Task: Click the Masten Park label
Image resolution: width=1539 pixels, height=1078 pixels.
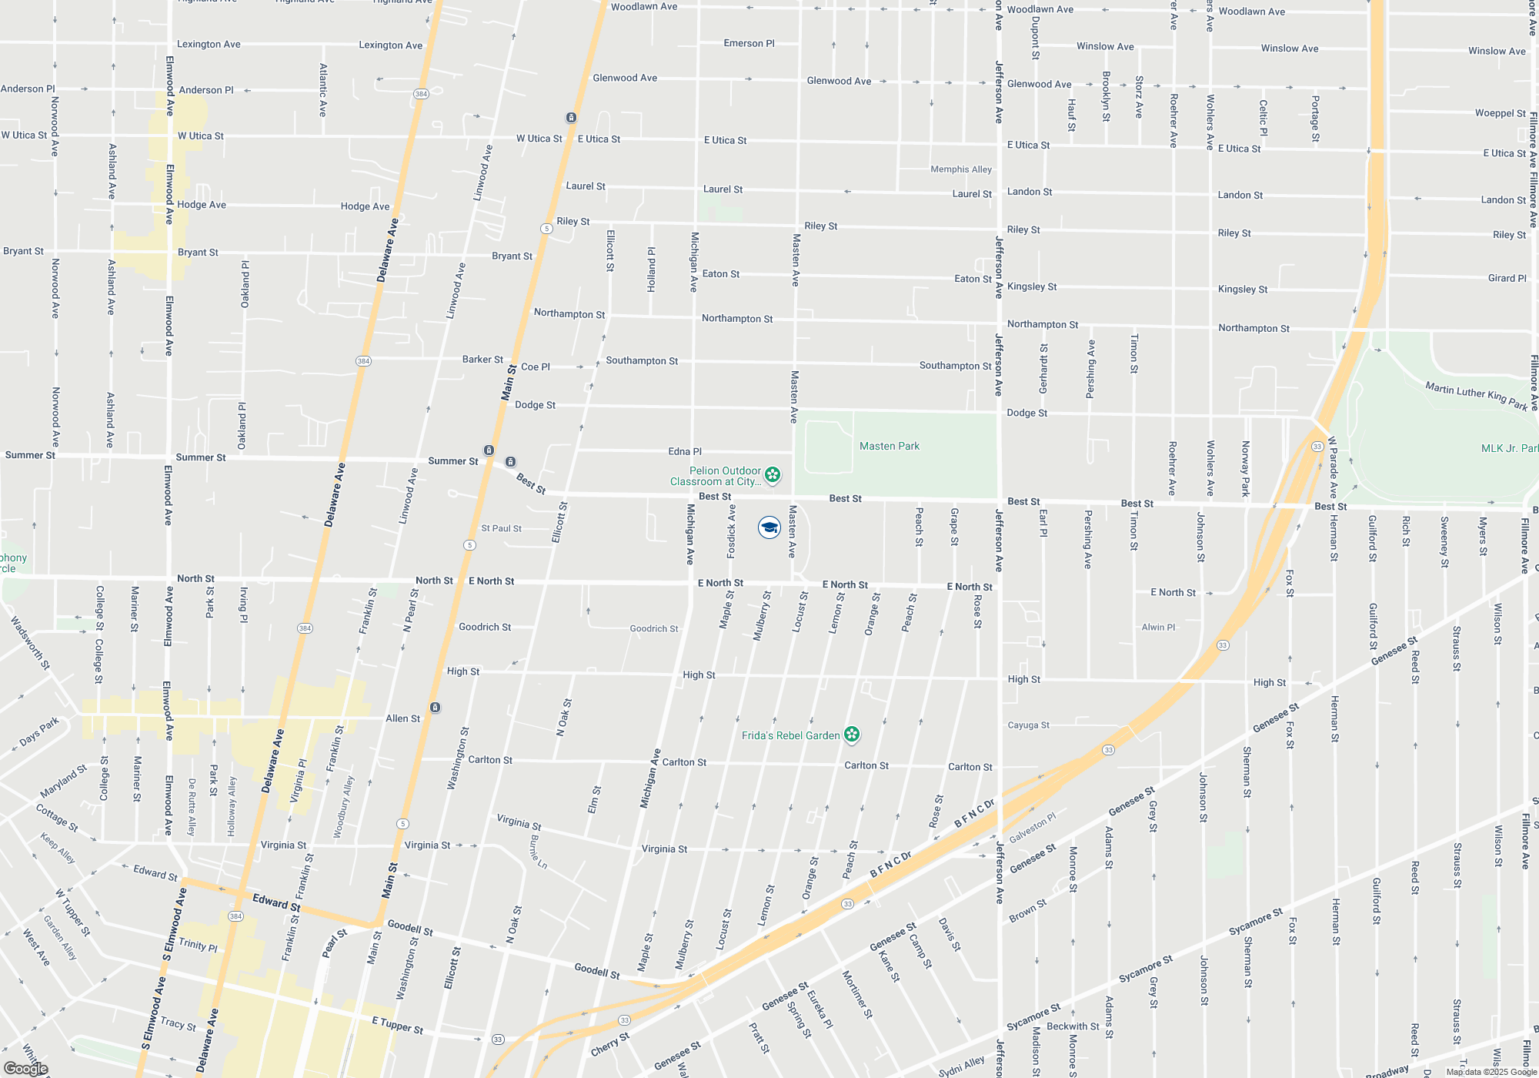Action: pos(890,446)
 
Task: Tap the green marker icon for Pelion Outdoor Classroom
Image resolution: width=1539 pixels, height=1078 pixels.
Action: pos(773,475)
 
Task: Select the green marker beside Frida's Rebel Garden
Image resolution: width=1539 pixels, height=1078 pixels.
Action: pos(852,735)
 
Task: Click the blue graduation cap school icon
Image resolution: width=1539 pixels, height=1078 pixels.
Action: pos(769,527)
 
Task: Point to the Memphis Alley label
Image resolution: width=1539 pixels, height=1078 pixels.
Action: pos(961,169)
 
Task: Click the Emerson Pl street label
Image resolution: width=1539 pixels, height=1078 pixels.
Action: pos(749,43)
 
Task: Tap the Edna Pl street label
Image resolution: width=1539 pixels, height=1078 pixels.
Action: pos(685,452)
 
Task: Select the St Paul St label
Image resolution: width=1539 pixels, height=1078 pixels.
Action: pos(501,528)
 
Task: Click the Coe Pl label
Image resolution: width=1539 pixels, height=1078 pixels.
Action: pos(536,367)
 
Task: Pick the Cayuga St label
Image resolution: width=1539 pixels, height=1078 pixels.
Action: pos(1029,725)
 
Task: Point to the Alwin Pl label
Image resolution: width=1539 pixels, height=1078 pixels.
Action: pos(1158,628)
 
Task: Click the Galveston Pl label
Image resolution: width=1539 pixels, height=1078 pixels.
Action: pos(1033,827)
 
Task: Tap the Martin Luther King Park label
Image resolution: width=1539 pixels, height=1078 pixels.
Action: pos(1476,396)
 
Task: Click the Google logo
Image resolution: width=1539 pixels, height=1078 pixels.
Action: pos(25,1068)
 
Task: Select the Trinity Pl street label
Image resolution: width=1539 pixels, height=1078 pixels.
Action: pos(198,944)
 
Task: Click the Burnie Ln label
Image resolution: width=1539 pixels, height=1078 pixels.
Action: pos(539,852)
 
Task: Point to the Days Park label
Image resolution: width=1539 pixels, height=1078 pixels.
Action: pos(39,731)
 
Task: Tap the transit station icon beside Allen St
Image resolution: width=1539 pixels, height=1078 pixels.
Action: pos(435,708)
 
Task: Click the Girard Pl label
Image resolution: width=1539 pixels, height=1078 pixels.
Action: pos(1507,278)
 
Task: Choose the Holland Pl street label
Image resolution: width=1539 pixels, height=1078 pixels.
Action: pos(652,269)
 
